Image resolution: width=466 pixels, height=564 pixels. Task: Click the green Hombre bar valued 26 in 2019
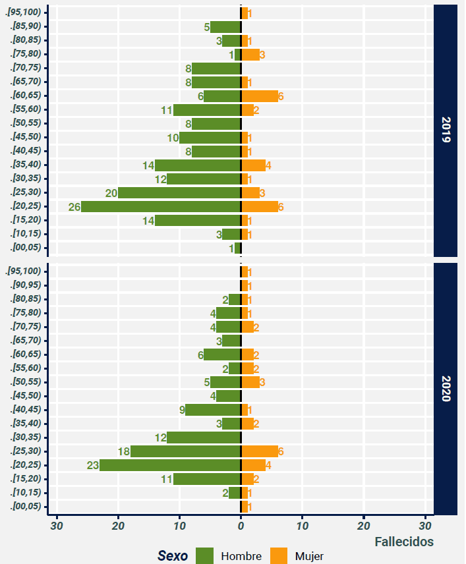161,207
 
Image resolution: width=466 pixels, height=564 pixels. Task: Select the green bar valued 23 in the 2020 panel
170,465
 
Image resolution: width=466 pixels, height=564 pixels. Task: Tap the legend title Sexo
173,556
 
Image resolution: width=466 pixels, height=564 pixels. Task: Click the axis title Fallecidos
403,542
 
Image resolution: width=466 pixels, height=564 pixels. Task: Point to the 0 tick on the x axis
241,526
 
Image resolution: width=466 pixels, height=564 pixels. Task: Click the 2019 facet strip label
446,130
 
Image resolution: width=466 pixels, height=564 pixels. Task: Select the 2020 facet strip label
446,389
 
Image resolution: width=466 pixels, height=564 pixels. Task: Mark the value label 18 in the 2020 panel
123,451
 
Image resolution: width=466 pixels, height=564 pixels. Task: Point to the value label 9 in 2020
181,410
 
